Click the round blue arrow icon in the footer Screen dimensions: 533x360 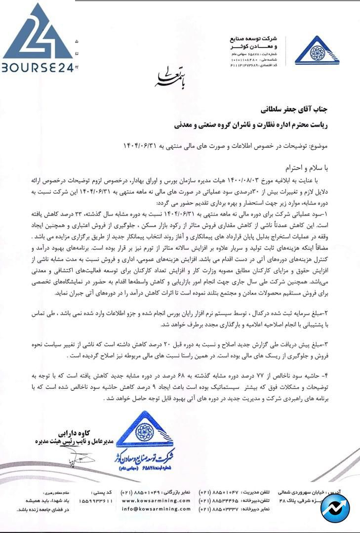[x=334, y=509]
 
